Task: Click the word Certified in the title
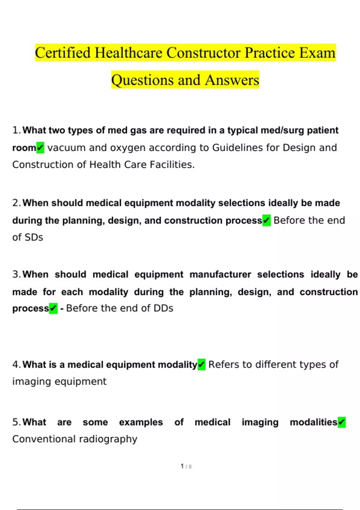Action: (x=63, y=53)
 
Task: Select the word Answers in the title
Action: (x=232, y=80)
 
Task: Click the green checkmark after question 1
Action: (x=40, y=148)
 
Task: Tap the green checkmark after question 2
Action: (x=266, y=220)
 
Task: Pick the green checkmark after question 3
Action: (x=53, y=308)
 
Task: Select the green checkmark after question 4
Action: (x=202, y=364)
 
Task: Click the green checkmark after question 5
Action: (x=342, y=422)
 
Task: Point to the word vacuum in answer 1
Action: (x=67, y=148)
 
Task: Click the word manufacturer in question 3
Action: (x=220, y=274)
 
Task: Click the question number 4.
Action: (x=16, y=364)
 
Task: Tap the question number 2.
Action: (x=16, y=203)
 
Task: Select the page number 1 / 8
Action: (x=186, y=466)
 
